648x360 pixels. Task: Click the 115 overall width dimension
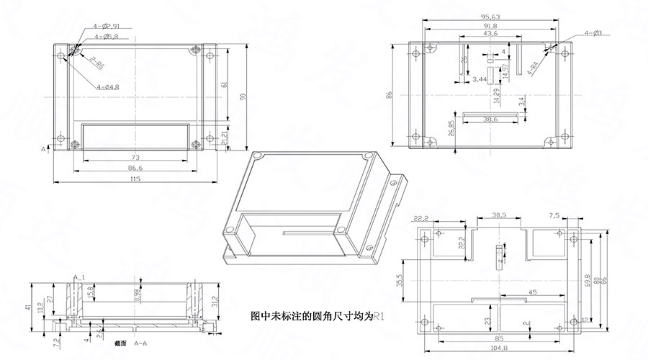[x=136, y=179]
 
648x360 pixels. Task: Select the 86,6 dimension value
[x=136, y=167]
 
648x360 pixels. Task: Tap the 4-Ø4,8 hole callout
[x=108, y=87]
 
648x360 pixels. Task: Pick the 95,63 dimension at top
[x=491, y=17]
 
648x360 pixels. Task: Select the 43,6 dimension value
[x=490, y=34]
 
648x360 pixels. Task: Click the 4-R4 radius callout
[x=534, y=69]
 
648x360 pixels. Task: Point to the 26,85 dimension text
[x=452, y=128]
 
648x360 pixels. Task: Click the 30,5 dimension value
[x=499, y=215]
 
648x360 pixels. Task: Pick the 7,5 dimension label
[x=554, y=215]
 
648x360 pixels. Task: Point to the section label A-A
[x=140, y=344]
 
